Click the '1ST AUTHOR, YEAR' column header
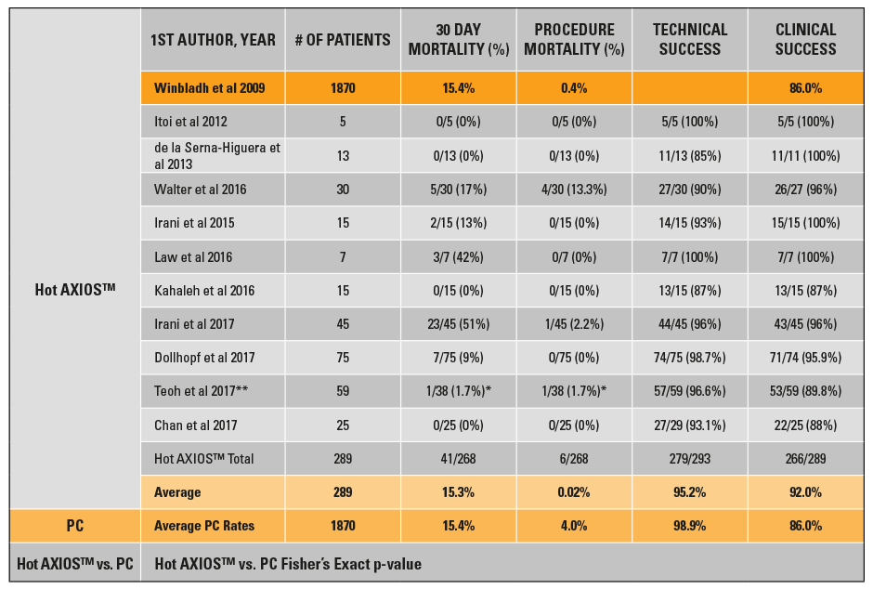(x=213, y=40)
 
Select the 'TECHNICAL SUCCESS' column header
(x=689, y=40)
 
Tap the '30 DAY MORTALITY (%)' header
(x=459, y=40)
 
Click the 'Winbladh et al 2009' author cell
(x=210, y=88)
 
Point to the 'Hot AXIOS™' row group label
(x=74, y=290)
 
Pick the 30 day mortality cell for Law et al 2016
(x=459, y=256)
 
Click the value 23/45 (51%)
(x=459, y=324)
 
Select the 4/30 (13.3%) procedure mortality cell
(x=574, y=190)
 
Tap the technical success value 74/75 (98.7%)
(x=689, y=358)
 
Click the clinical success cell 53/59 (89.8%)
(x=805, y=391)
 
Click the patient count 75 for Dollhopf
(x=343, y=358)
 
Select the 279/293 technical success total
(x=689, y=458)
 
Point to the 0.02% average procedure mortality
(x=574, y=492)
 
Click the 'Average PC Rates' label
(x=204, y=526)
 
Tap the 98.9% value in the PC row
(x=689, y=526)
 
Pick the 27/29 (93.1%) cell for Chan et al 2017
(x=689, y=425)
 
